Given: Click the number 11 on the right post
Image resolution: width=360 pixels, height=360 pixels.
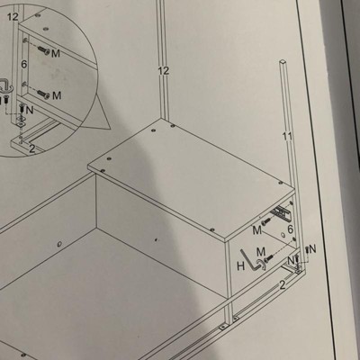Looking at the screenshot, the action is click(x=287, y=136).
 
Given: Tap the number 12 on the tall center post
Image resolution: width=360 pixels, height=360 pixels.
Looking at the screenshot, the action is click(x=164, y=71).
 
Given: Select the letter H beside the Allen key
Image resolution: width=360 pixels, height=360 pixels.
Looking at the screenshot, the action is click(x=240, y=266).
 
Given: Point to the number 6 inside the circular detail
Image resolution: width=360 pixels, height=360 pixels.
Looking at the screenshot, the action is click(x=24, y=64).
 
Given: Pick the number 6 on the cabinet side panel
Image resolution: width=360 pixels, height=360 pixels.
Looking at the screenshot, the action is click(x=290, y=229).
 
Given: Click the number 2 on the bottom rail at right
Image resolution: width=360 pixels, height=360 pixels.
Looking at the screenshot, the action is click(x=282, y=285).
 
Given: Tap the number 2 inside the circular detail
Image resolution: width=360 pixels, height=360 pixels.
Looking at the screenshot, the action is click(x=32, y=148).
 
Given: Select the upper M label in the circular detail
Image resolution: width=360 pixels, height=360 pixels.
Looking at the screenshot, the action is click(x=56, y=53).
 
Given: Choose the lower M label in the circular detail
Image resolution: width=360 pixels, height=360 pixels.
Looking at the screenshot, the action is click(x=57, y=95).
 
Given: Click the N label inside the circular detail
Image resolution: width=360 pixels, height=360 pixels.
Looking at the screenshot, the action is click(x=30, y=110).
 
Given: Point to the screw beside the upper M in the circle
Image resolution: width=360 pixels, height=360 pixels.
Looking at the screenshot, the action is click(x=44, y=50).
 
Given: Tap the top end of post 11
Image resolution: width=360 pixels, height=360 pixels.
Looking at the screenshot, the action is click(x=283, y=61).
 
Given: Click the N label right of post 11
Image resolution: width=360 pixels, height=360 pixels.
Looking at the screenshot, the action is click(x=312, y=248).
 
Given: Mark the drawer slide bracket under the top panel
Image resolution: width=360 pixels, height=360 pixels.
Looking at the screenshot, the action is click(x=278, y=212).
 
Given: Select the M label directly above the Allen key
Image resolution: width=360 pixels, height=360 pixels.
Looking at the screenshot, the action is click(x=261, y=250).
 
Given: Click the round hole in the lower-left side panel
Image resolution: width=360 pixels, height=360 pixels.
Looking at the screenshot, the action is click(x=58, y=244).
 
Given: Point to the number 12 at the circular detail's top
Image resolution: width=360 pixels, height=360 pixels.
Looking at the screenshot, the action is click(x=13, y=17).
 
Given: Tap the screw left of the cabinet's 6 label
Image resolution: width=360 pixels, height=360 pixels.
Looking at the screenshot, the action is click(x=265, y=222).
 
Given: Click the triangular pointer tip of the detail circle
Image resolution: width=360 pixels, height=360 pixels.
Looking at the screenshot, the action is click(x=110, y=129).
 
